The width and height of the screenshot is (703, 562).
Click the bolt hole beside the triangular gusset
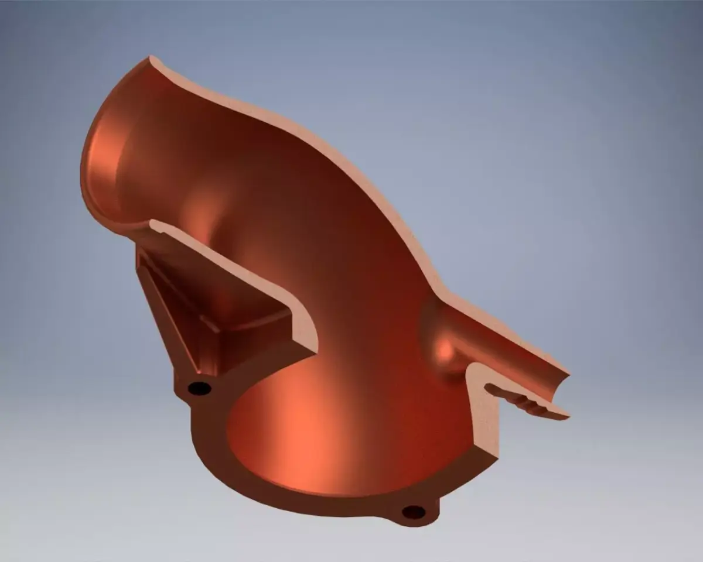click(199, 388)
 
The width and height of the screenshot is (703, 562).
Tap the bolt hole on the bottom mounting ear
click(414, 512)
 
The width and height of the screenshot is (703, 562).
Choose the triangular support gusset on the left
click(176, 304)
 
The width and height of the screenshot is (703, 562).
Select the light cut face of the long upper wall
click(328, 146)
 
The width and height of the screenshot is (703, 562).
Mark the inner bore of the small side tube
click(498, 351)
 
